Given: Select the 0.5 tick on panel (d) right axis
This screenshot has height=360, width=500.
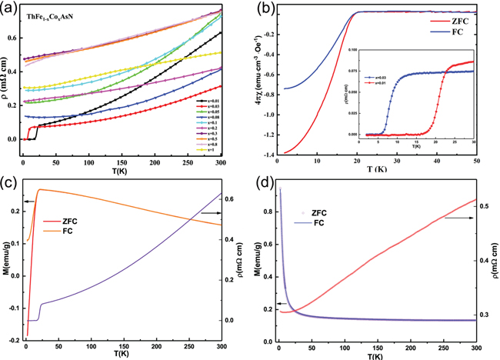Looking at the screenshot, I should tap(483, 207).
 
